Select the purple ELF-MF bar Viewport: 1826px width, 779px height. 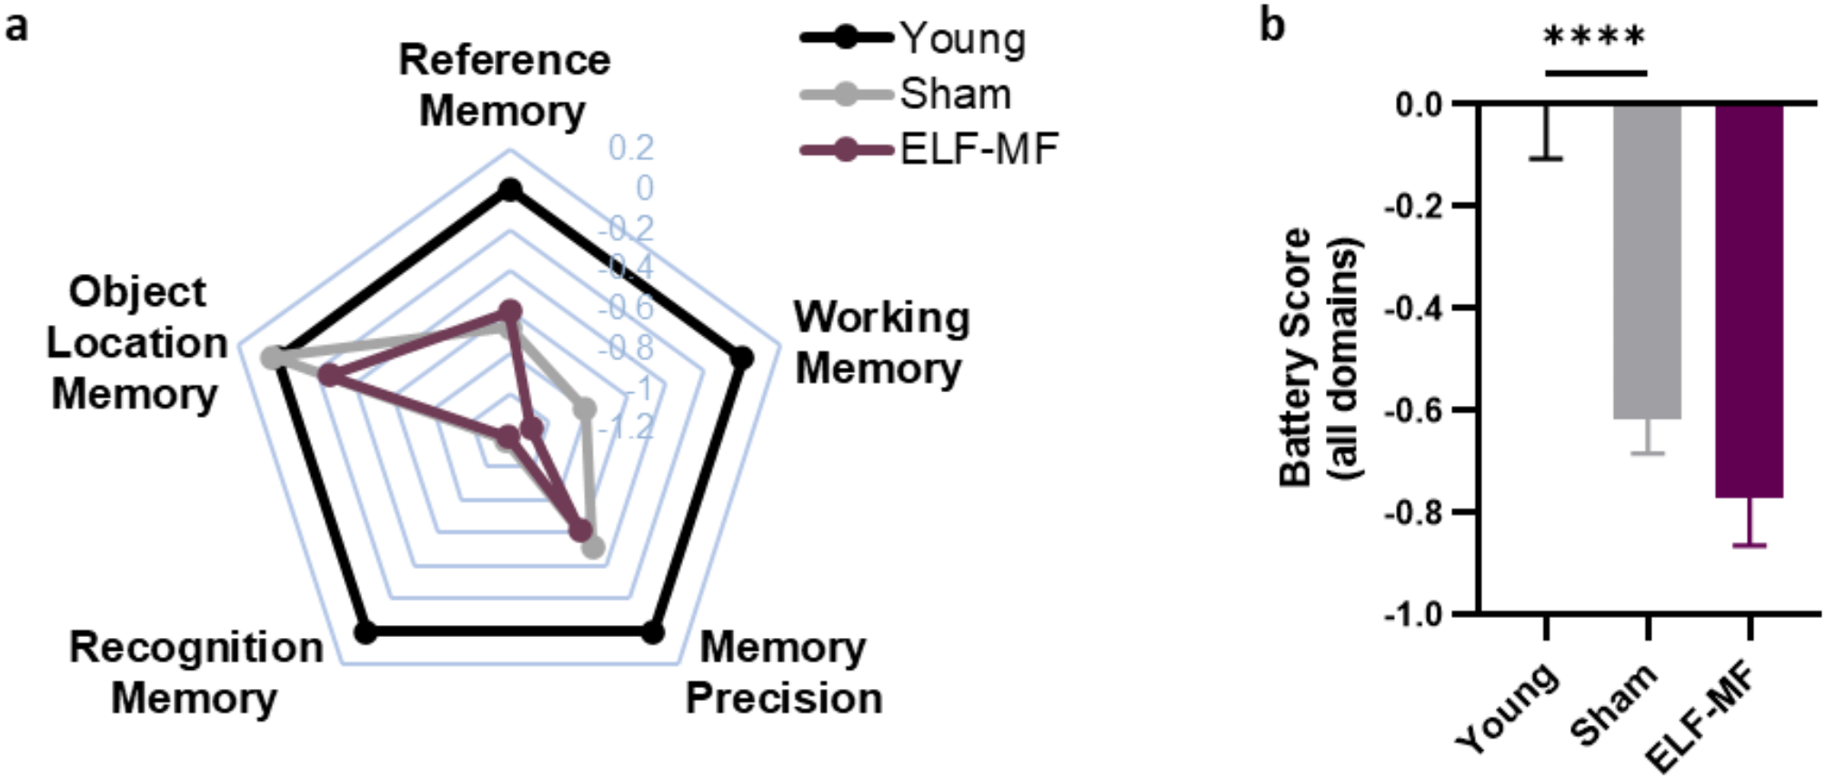click(x=1749, y=300)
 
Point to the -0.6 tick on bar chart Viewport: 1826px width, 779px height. click(x=1415, y=410)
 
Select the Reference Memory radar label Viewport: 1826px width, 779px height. click(x=505, y=86)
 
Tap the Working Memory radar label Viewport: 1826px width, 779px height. click(x=880, y=343)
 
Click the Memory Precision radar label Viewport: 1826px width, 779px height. click(x=783, y=673)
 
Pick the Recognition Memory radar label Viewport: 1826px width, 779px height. click(x=196, y=673)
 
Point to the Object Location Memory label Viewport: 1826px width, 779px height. click(x=136, y=343)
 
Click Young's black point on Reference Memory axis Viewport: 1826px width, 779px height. click(x=510, y=190)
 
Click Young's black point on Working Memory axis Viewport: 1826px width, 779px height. click(x=742, y=359)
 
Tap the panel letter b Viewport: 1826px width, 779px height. click(x=1272, y=25)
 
